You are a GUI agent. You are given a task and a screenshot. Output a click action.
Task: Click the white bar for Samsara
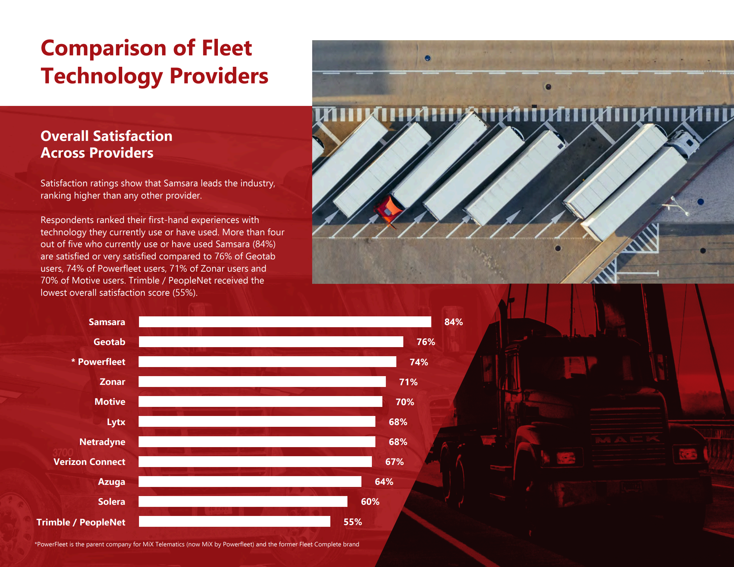click(285, 322)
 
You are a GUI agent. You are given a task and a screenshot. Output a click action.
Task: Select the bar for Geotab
click(271, 342)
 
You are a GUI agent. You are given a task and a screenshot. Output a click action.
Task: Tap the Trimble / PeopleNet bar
click(234, 522)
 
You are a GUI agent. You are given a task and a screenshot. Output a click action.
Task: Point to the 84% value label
click(453, 322)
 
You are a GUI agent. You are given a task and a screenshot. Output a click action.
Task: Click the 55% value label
click(352, 522)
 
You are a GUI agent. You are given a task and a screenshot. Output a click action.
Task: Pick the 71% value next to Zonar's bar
click(408, 382)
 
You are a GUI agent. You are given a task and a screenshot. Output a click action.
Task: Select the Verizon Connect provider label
click(89, 462)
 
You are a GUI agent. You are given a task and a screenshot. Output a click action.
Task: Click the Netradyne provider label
click(102, 442)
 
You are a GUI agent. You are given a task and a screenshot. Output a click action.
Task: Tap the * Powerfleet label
click(98, 362)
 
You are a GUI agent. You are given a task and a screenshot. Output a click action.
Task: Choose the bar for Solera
click(243, 502)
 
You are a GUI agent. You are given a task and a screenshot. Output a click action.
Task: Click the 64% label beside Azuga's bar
click(384, 482)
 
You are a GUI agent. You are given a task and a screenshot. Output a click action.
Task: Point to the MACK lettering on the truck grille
click(627, 439)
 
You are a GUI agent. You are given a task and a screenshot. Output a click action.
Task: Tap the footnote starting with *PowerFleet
click(197, 544)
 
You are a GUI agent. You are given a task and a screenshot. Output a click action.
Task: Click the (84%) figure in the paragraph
click(264, 244)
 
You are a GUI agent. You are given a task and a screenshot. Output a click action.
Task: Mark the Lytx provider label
click(116, 422)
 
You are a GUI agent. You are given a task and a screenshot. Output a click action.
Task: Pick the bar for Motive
click(260, 402)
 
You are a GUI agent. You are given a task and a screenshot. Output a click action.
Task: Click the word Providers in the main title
click(219, 76)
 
